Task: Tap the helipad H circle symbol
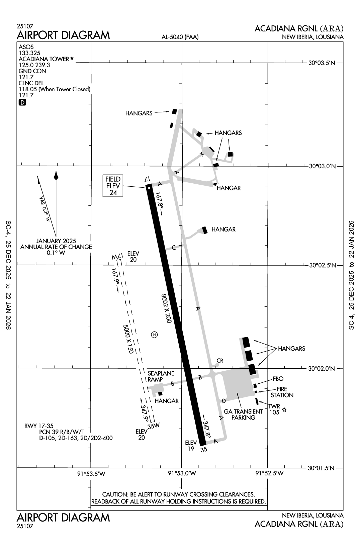click(x=154, y=334)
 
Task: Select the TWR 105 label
click(x=274, y=409)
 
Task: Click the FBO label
click(x=278, y=379)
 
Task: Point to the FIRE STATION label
click(x=282, y=392)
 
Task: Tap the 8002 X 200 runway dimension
click(x=166, y=308)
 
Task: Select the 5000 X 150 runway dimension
click(x=128, y=339)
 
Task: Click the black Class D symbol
click(x=22, y=103)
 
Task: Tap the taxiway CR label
click(x=220, y=361)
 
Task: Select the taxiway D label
click(x=223, y=401)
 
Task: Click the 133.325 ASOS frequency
click(x=29, y=53)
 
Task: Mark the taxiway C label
click(x=174, y=248)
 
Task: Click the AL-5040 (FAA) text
click(x=180, y=37)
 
